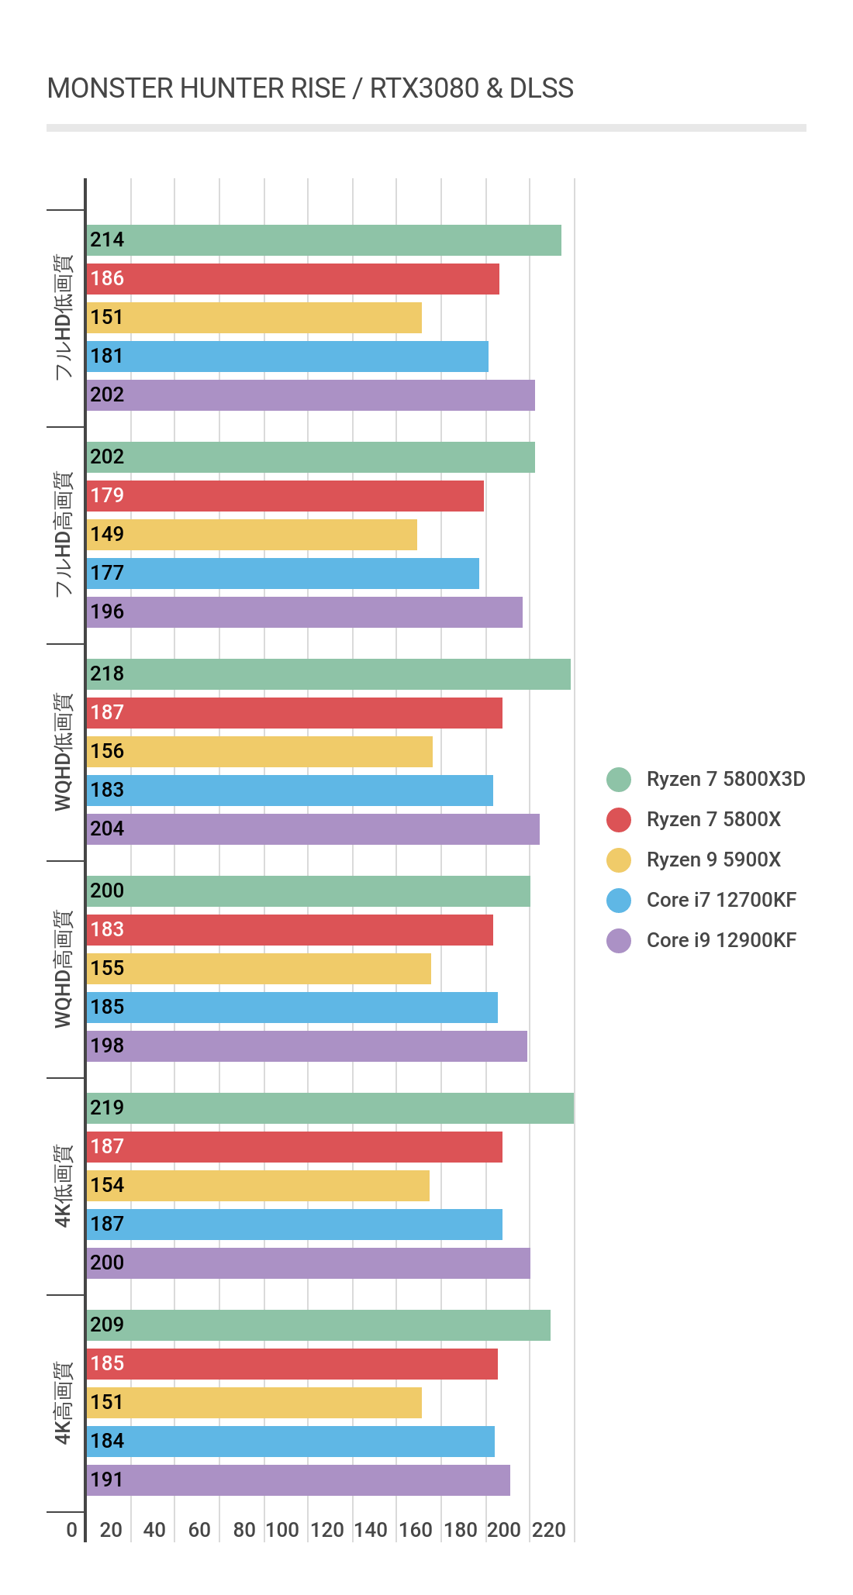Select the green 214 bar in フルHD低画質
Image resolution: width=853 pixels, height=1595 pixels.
point(324,240)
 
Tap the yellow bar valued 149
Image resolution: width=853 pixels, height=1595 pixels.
point(252,535)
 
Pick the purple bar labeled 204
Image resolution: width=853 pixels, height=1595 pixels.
point(313,829)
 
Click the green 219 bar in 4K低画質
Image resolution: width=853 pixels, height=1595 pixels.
point(330,1108)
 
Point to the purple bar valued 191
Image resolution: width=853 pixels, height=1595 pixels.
point(299,1480)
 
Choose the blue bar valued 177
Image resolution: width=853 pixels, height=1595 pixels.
point(283,574)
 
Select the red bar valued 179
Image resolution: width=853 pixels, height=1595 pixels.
point(285,496)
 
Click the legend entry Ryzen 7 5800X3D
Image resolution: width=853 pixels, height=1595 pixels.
point(726,779)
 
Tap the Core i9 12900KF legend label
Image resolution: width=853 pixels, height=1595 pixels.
point(721,940)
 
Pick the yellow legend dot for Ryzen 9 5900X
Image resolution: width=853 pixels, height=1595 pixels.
point(619,860)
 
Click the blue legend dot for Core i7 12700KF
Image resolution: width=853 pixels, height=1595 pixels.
point(619,900)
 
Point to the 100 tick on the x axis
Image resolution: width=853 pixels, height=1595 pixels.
point(282,1529)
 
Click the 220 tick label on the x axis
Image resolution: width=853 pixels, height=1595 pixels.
point(549,1529)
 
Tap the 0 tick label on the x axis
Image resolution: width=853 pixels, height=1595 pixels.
point(72,1529)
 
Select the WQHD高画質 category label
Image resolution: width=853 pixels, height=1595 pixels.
point(64,969)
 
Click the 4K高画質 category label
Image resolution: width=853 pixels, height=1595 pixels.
point(64,1403)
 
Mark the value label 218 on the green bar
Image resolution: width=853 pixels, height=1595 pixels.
point(107,673)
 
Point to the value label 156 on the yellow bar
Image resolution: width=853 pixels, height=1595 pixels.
point(107,751)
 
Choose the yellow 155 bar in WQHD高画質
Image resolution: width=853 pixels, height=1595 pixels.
point(259,969)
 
